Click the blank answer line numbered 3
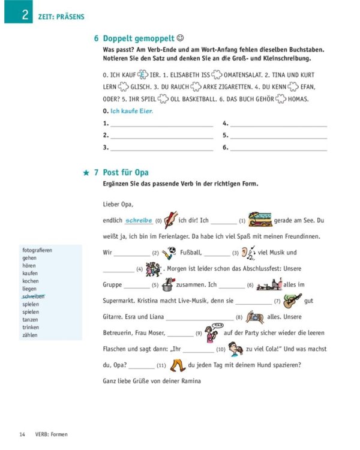[x=161, y=146]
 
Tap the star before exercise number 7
[x=86, y=173]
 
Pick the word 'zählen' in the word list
[x=30, y=335]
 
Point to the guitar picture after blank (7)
[x=292, y=300]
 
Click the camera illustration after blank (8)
[x=254, y=316]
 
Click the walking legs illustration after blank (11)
[x=177, y=364]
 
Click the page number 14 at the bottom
[x=22, y=434]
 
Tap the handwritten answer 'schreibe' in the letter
[x=139, y=220]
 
